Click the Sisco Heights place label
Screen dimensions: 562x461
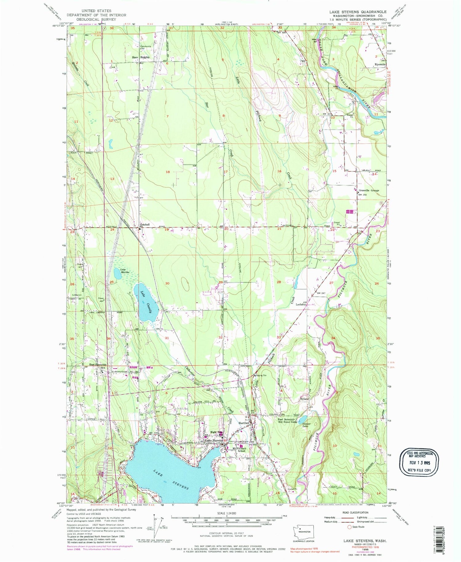click(x=141, y=57)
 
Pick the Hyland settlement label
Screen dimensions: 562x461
click(x=304, y=399)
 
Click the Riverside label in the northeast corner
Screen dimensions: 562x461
click(x=380, y=65)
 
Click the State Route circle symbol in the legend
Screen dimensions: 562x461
click(x=349, y=527)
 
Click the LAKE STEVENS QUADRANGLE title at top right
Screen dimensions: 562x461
click(x=358, y=12)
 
